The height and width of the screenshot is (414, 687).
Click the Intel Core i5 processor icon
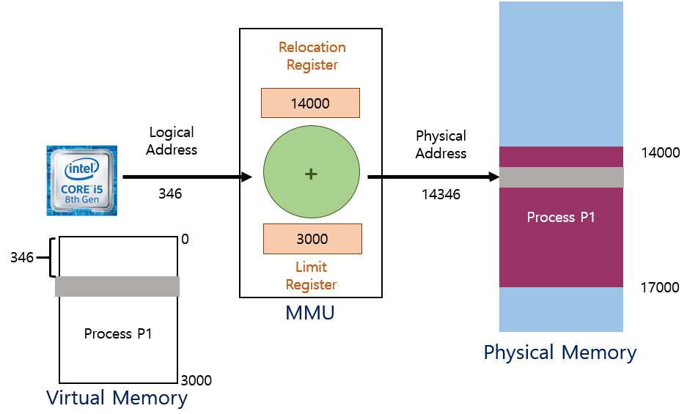coord(83,180)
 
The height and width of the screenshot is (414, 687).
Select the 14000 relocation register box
coord(310,103)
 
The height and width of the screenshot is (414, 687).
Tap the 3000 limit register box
coord(312,239)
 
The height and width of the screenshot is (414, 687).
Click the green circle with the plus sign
coord(312,174)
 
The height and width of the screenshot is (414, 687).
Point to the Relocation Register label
coord(312,56)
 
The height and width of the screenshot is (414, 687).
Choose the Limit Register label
coord(312,276)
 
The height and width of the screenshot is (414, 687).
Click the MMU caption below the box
coord(310,314)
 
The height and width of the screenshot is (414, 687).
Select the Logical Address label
coord(172,141)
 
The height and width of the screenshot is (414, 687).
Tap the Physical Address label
coord(441,144)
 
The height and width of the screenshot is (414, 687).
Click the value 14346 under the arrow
coord(441,195)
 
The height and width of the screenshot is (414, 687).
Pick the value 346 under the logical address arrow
coord(170,194)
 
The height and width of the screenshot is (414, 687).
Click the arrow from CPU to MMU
coord(187,177)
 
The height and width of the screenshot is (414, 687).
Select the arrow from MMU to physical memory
coord(433,177)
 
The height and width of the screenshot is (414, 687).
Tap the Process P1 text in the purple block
coord(561,218)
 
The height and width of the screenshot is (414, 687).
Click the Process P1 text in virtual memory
coord(118,334)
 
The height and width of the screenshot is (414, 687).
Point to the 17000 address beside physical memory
coord(660,288)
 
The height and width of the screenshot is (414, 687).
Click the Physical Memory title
coord(560,352)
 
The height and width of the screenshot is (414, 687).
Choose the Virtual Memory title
coord(117,398)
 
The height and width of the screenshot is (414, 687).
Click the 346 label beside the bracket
coord(21,257)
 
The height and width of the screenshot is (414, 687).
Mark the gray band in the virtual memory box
coord(117,287)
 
